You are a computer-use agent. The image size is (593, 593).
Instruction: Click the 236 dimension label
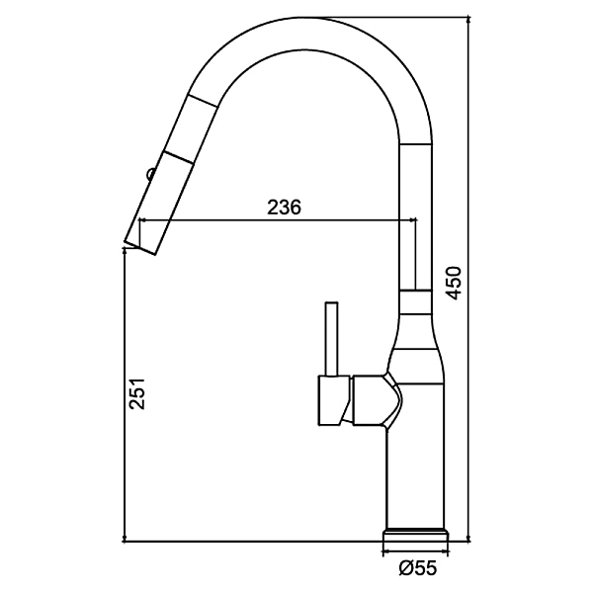click(x=284, y=207)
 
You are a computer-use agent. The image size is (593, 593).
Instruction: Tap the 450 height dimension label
click(x=454, y=283)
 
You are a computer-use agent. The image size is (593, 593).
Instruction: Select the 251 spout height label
click(x=137, y=393)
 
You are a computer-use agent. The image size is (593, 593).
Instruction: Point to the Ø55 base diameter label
click(x=418, y=567)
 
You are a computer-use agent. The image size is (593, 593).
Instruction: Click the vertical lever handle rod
click(x=332, y=339)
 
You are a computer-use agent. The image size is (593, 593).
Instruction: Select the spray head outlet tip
click(x=139, y=247)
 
